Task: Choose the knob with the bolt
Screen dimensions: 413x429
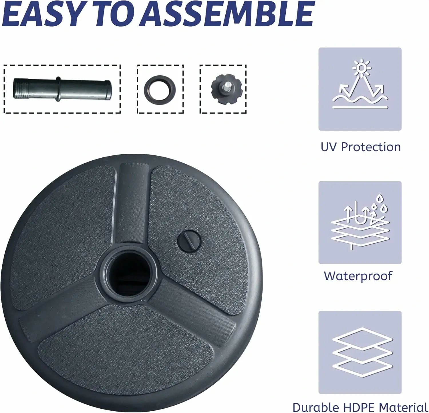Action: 226,88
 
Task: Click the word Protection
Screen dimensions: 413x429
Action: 371,147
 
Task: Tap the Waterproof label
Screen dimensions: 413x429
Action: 358,276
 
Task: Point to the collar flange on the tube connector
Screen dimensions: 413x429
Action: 58,89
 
